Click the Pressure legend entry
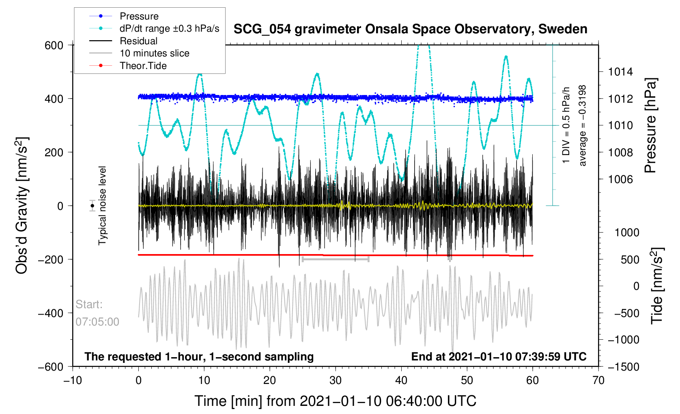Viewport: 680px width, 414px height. [x=139, y=16]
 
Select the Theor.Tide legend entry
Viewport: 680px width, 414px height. [x=143, y=66]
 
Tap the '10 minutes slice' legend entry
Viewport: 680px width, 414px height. [x=154, y=53]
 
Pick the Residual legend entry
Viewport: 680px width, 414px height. [x=138, y=41]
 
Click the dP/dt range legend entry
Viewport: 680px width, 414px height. [x=169, y=28]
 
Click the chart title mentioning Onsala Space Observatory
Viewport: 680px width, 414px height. [x=410, y=29]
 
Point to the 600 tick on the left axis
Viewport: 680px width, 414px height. [x=54, y=45]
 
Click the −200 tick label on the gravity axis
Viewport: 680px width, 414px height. [x=51, y=259]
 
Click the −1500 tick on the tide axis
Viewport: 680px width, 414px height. [x=623, y=367]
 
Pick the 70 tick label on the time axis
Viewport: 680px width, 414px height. [x=598, y=380]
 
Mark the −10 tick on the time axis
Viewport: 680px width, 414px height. [x=73, y=380]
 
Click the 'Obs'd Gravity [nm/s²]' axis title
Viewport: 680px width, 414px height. [x=22, y=205]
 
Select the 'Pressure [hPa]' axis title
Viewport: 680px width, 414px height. [x=650, y=126]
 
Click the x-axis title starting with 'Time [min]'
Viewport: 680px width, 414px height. [x=335, y=401]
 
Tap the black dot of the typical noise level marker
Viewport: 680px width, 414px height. [x=93, y=206]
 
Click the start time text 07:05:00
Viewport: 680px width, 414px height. [x=97, y=322]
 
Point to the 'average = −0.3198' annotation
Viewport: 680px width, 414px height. [x=583, y=125]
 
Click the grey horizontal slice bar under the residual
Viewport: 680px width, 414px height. [x=336, y=259]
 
